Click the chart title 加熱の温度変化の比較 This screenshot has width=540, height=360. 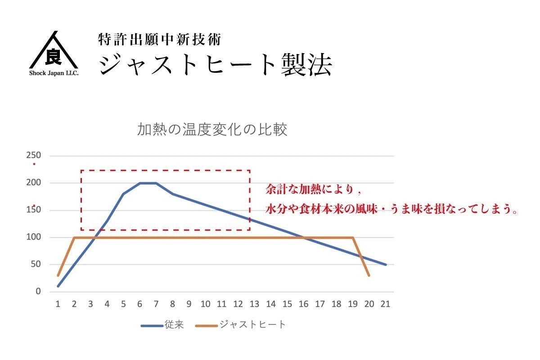pos(212,130)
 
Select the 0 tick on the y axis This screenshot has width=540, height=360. pos(38,292)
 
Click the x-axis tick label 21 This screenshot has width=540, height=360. pos(385,304)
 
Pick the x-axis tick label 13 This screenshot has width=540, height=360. pos(254,304)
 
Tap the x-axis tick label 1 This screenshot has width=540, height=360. pos(58,304)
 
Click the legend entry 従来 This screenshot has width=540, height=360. pos(174,324)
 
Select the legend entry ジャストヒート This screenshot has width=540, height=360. pos(252,324)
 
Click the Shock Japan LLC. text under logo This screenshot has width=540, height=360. pos(54,73)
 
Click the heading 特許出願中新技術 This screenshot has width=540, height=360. pos(160,40)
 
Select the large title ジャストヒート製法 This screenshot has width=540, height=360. pos(216,65)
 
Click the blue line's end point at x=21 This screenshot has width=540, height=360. pos(386,265)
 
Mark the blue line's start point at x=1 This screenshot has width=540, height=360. pos(58,286)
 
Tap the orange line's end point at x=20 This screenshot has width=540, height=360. pos(369,275)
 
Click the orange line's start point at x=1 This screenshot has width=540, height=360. pos(58,275)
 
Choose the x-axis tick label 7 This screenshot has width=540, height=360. pos(156,304)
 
